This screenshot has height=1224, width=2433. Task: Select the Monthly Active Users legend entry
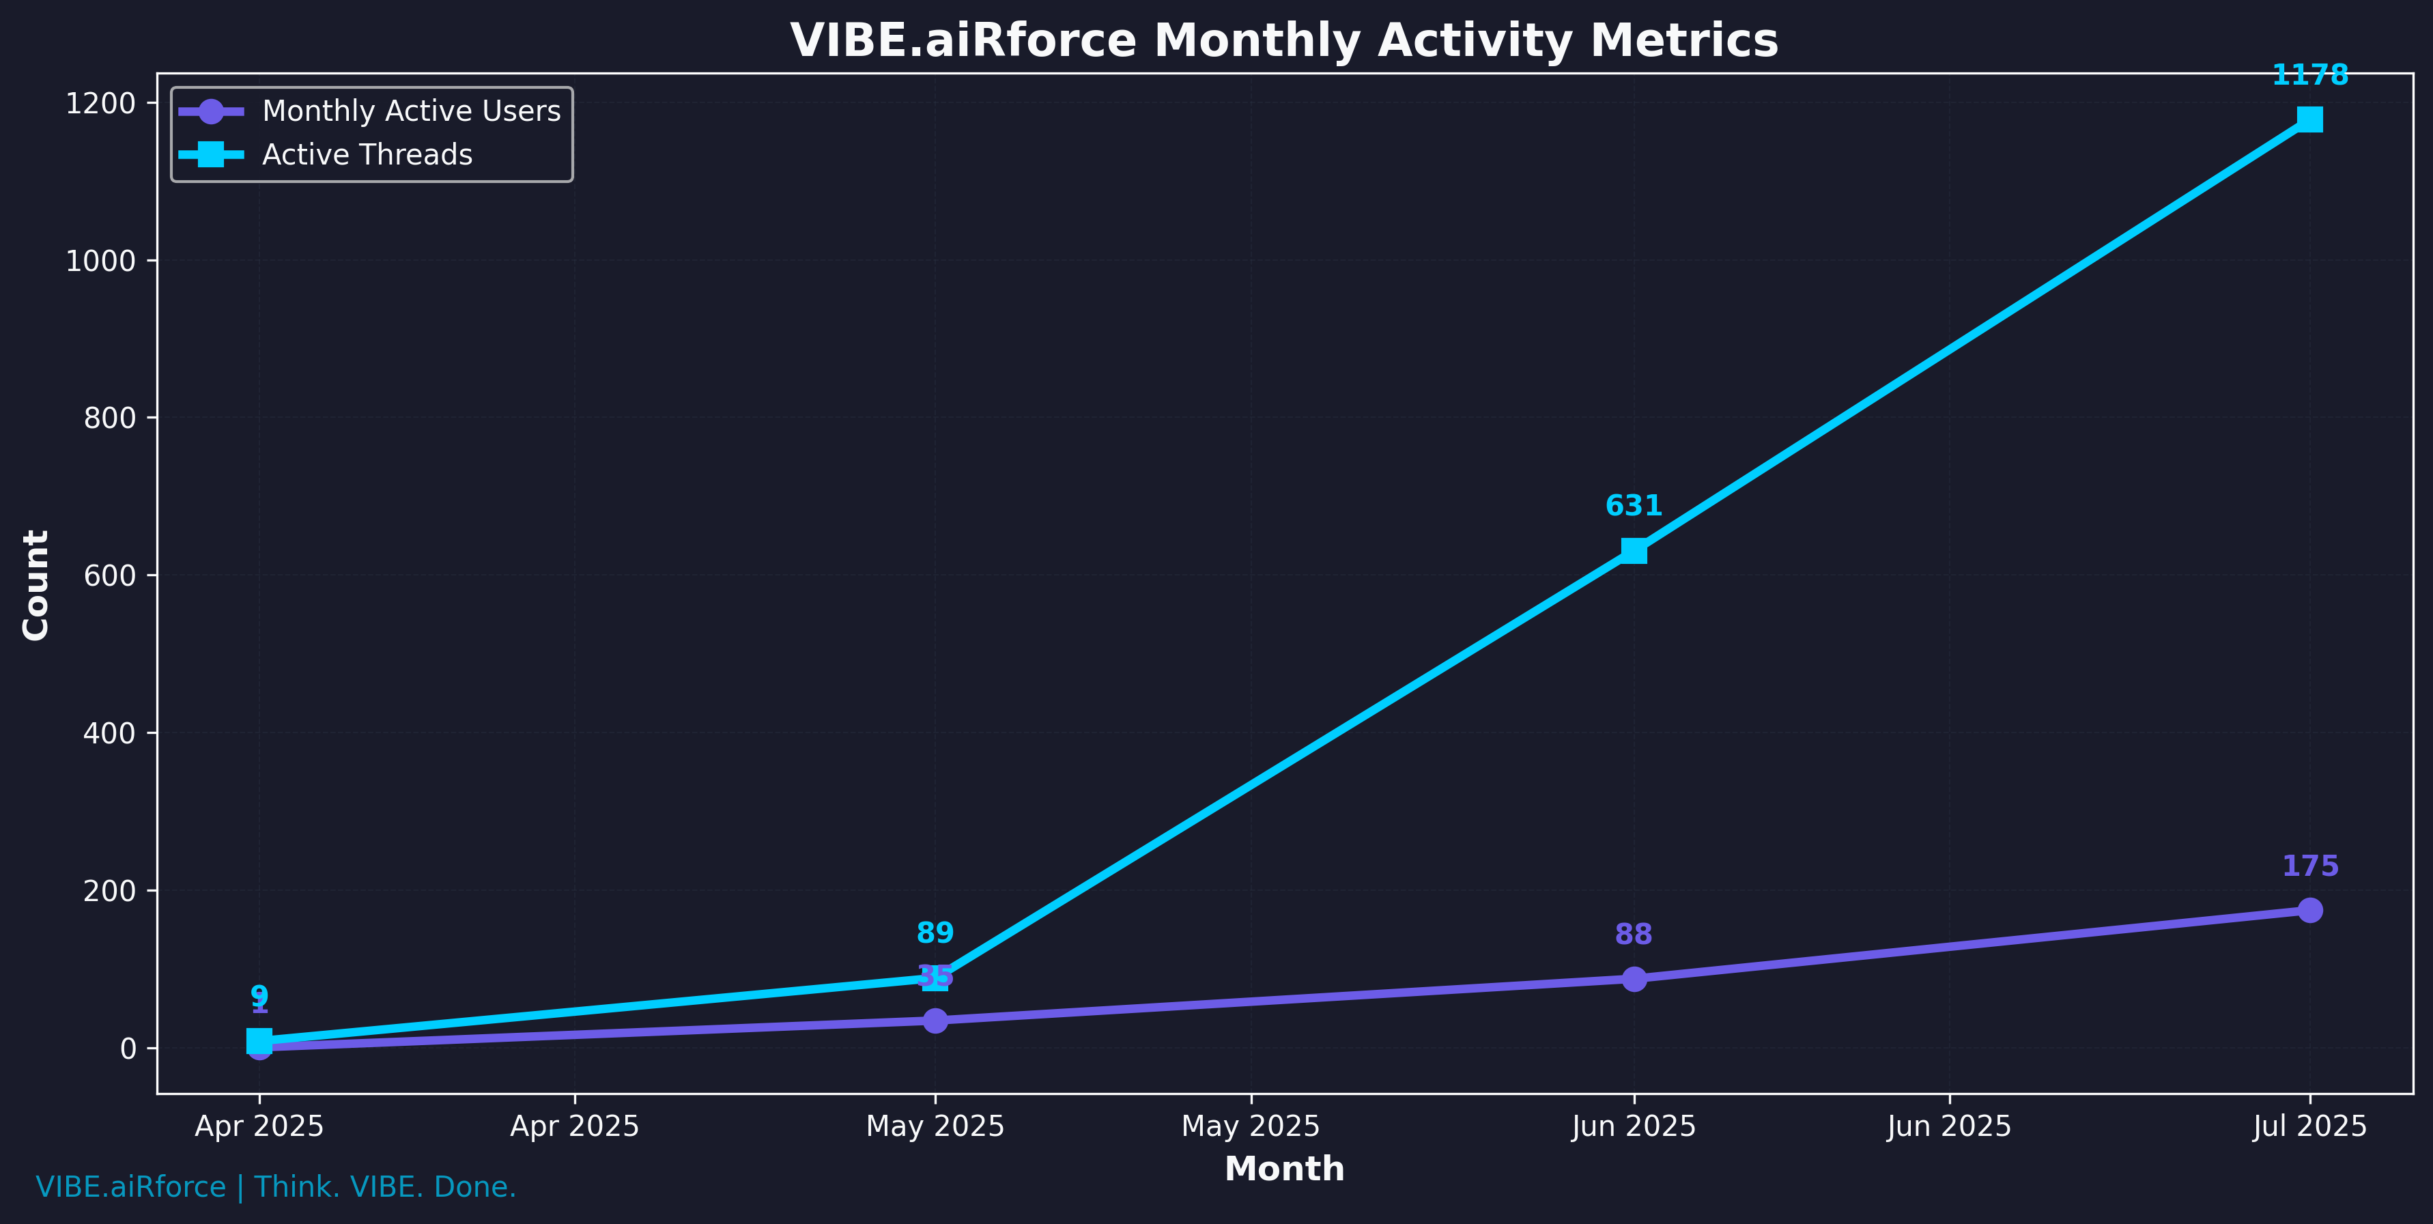[411, 111]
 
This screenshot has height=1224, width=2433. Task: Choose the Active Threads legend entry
[367, 155]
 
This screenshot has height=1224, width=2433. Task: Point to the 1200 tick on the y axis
[100, 103]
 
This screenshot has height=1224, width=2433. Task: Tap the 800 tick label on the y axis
[109, 418]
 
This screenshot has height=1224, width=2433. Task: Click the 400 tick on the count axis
[109, 733]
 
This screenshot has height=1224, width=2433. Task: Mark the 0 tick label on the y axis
[128, 1049]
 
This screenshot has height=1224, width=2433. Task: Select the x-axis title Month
[1283, 1169]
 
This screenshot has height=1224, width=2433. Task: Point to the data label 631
[1633, 507]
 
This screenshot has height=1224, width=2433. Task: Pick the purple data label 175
[2309, 866]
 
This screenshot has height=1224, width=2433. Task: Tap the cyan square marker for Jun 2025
[1633, 551]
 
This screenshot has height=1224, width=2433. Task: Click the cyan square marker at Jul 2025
[2309, 119]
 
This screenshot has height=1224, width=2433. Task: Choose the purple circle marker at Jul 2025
[2309, 911]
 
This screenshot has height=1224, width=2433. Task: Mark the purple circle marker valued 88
[1633, 978]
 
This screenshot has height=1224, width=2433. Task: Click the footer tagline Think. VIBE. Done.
[385, 1187]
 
